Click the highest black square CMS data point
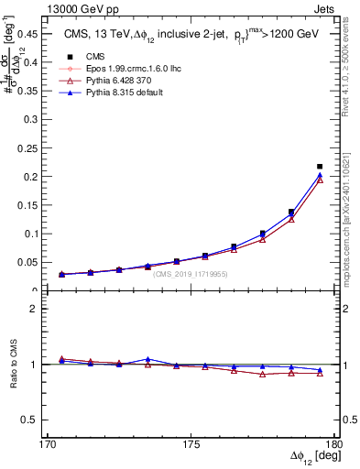click(320, 167)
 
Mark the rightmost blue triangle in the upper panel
click(320, 174)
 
